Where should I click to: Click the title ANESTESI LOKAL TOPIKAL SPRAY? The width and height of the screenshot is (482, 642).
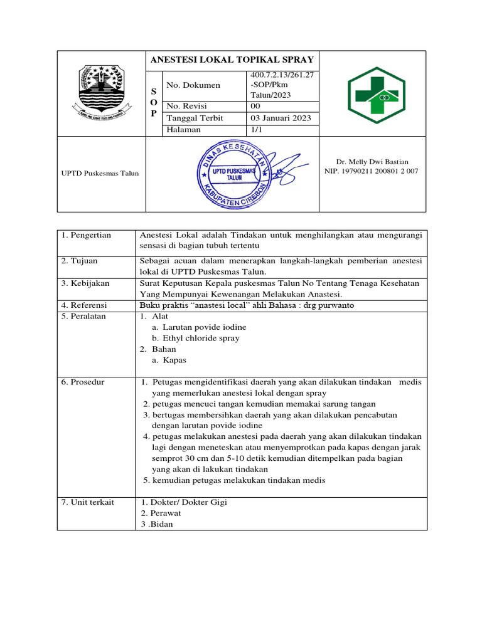[x=231, y=60]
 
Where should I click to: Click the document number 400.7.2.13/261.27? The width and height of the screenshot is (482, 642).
[x=281, y=76]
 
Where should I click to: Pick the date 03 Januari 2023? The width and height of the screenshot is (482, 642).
[x=281, y=118]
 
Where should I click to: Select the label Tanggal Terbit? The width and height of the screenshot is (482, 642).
[x=194, y=118]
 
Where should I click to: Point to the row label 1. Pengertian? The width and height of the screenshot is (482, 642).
[x=86, y=235]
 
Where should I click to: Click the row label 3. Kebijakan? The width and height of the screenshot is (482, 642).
[x=85, y=283]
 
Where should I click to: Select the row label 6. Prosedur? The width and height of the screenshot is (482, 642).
[x=83, y=382]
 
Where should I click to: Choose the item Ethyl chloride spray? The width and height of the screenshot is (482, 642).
[x=201, y=338]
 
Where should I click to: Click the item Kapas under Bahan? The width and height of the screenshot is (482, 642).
[x=175, y=360]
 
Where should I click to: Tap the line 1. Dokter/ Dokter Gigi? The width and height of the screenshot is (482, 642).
[x=184, y=502]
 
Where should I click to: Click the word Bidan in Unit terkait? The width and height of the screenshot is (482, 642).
[x=161, y=524]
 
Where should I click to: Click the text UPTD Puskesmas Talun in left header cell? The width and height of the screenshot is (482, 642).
[x=100, y=173]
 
